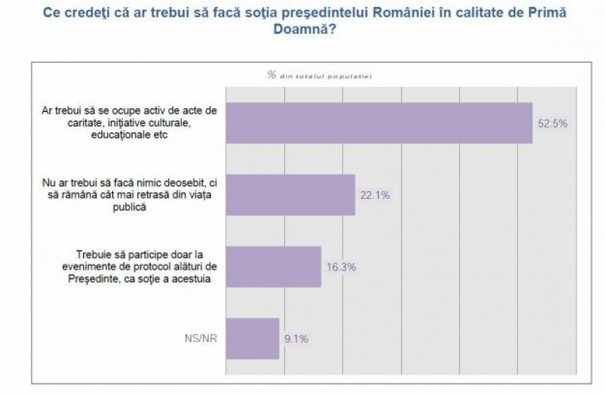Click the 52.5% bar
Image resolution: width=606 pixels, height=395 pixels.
pos(380,123)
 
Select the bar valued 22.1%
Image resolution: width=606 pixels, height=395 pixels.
pos(291,194)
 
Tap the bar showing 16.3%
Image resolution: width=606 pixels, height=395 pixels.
pos(273,266)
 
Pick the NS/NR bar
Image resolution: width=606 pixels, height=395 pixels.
pos(253,338)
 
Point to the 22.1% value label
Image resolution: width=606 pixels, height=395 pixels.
pos(374,195)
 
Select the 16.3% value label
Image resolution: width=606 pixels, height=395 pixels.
pos(341,267)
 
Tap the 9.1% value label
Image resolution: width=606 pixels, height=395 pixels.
pos(296,339)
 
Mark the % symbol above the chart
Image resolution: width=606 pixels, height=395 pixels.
pos(271,74)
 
